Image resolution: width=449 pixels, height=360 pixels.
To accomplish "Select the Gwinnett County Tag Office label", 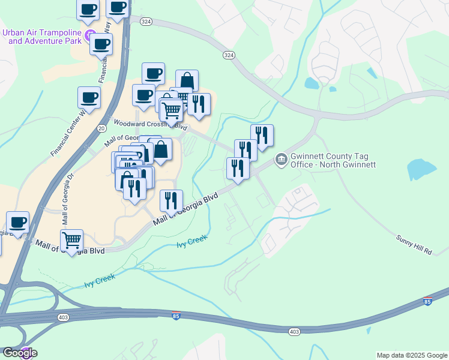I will [x=333, y=160].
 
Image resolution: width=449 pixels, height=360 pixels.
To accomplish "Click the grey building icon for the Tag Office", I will [x=280, y=160].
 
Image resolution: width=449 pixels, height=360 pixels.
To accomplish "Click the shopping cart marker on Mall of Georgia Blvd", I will [x=72, y=241].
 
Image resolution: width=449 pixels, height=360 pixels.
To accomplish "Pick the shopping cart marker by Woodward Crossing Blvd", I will [x=172, y=110].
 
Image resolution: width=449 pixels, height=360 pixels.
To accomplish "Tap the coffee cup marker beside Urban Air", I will [x=101, y=44].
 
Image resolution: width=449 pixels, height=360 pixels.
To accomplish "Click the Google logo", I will [x=19, y=353].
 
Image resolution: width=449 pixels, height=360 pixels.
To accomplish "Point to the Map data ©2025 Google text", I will [x=412, y=355].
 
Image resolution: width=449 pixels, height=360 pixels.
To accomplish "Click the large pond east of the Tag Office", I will [x=422, y=169].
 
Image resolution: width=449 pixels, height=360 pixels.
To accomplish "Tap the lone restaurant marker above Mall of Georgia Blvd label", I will [x=172, y=200].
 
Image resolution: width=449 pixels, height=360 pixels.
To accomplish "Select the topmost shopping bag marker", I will [x=187, y=80].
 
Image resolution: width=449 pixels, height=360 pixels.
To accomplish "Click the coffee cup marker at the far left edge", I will [x=17, y=223].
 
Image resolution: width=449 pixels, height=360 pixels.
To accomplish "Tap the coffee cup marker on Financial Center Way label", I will [x=89, y=97].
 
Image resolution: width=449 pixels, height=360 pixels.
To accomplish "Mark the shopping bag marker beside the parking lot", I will [x=161, y=149].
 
